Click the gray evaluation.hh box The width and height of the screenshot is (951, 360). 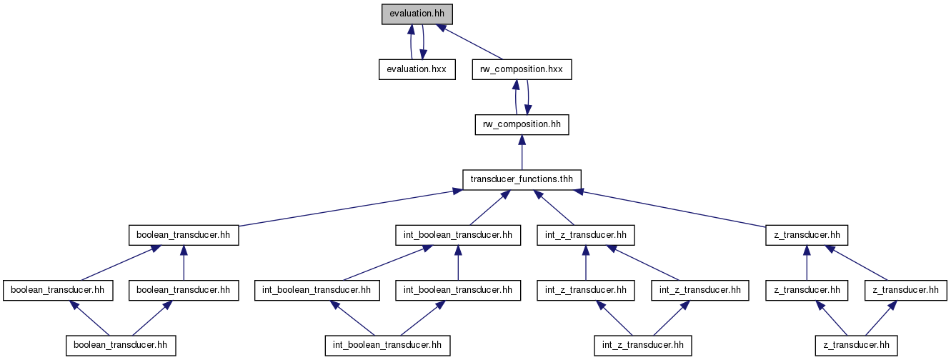tap(417, 14)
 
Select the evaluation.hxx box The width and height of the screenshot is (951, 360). tap(417, 69)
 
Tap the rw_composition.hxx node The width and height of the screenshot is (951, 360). tap(522, 69)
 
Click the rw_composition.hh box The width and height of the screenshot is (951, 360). tap(522, 124)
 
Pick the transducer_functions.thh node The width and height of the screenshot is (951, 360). tap(522, 179)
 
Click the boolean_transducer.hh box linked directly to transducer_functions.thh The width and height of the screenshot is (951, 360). tap(184, 235)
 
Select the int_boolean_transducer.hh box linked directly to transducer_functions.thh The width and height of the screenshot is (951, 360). tap(458, 235)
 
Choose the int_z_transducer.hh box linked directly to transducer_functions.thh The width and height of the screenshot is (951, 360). tap(586, 235)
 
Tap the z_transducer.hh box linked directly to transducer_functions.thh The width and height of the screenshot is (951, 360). tap(807, 235)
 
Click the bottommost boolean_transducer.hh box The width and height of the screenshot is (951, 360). tap(121, 346)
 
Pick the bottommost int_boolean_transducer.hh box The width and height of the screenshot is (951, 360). tap(388, 346)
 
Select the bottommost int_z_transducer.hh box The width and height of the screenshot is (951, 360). tap(643, 346)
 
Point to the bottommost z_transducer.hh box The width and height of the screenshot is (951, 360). tap(856, 346)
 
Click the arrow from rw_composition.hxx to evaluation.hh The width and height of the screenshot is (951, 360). tap(469, 41)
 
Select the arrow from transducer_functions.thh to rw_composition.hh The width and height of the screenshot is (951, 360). tap(522, 152)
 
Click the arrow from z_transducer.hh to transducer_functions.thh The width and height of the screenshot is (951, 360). tap(671, 208)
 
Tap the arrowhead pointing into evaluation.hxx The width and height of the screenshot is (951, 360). tap(423, 55)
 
